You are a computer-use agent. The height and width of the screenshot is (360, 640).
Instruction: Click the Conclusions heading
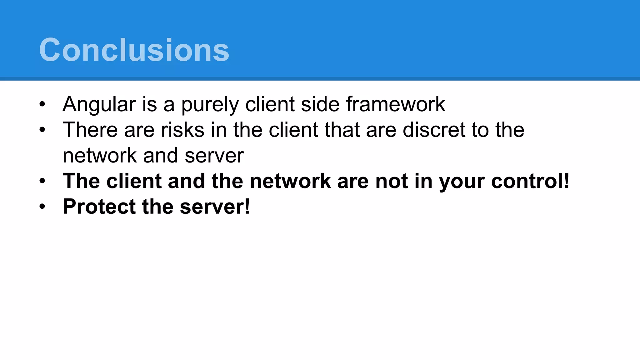[134, 50]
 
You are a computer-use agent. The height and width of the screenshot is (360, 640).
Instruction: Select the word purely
[210, 104]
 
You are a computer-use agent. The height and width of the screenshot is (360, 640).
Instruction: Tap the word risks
[182, 130]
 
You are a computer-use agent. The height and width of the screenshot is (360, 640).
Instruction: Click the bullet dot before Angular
[42, 104]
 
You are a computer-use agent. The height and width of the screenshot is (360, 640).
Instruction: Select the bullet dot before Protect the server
[42, 207]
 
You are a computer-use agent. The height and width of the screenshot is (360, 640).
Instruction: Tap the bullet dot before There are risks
[42, 130]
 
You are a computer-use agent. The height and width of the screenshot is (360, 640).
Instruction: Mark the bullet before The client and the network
[42, 181]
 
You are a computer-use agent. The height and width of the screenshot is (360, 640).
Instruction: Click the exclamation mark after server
[247, 207]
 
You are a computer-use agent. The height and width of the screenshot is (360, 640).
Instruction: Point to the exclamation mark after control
[567, 181]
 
